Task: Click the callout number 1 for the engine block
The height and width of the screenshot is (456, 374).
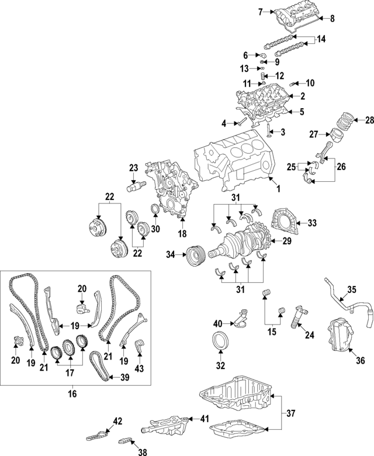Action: pyautogui.click(x=278, y=188)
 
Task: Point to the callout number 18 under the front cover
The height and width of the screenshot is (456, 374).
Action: pyautogui.click(x=182, y=233)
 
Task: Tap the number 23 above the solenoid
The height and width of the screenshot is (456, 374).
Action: pyautogui.click(x=134, y=168)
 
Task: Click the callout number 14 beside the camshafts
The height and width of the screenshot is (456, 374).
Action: pyautogui.click(x=321, y=40)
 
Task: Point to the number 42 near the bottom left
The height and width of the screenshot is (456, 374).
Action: pyautogui.click(x=117, y=420)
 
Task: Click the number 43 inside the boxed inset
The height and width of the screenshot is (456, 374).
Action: pyautogui.click(x=138, y=369)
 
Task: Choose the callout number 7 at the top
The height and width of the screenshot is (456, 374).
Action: pyautogui.click(x=261, y=11)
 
